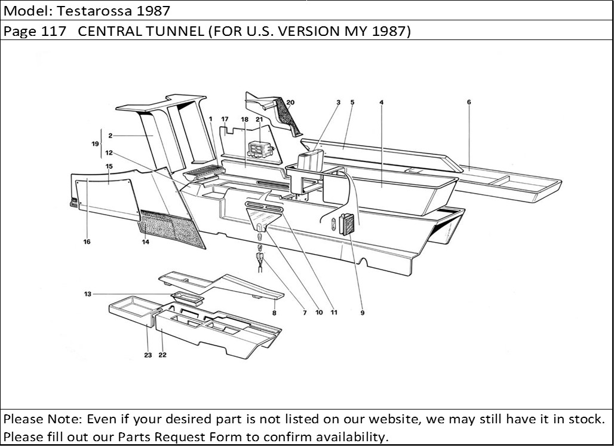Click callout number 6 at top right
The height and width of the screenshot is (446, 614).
[x=469, y=102]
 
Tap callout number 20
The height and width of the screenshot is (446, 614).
[x=290, y=102]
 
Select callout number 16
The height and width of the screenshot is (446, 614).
[x=87, y=242]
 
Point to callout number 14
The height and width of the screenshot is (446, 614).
[x=145, y=242]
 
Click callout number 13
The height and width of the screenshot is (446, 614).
[x=88, y=294]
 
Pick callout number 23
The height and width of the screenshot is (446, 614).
[x=148, y=355]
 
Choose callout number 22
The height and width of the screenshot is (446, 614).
[x=162, y=355]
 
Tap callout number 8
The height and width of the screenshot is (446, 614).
[x=274, y=313]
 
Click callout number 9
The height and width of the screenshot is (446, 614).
[x=363, y=313]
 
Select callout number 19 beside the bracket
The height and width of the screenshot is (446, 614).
[x=95, y=144]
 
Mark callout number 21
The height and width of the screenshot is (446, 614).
[x=259, y=120]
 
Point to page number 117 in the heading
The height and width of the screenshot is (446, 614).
[x=58, y=31]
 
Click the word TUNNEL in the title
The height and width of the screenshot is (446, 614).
[x=173, y=31]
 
